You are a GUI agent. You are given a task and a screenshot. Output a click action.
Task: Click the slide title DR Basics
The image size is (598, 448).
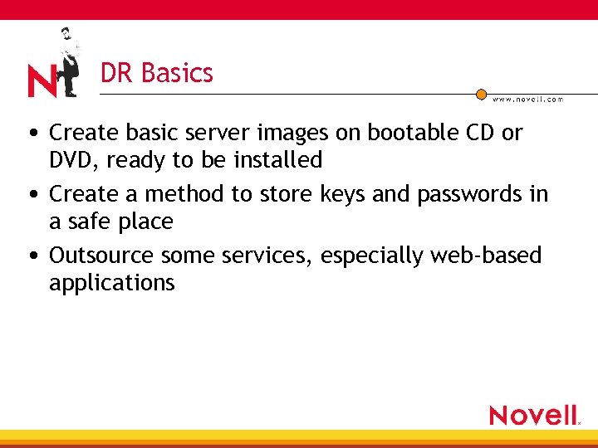pos(156,73)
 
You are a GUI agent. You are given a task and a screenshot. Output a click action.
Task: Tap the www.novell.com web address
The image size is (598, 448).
pos(527,100)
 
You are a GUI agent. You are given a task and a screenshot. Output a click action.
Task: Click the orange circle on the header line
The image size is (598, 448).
pos(481,95)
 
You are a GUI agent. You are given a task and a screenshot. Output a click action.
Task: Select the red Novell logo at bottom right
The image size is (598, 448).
pos(534,414)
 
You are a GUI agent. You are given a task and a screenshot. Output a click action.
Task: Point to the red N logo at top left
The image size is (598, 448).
pos(41,81)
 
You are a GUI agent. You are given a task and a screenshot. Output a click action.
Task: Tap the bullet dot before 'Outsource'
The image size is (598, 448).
pos(30,256)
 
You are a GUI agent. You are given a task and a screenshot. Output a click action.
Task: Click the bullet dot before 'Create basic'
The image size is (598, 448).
pos(30,134)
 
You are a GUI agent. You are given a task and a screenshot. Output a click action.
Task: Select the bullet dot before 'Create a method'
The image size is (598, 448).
pos(30,195)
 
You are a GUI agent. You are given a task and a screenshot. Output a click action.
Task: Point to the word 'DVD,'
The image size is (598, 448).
pos(74,160)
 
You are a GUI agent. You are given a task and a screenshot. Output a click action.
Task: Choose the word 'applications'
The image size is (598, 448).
pos(111,284)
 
